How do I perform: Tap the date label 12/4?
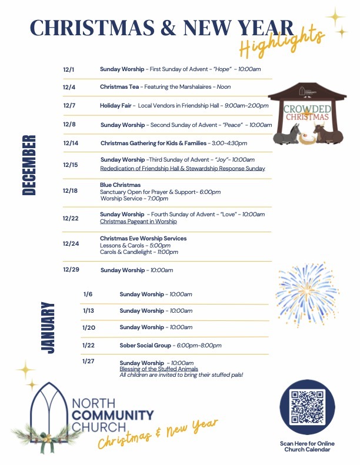69,87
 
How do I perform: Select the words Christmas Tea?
119,87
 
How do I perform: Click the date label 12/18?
70,190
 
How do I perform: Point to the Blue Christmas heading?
120,185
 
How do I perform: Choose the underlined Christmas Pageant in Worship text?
138,222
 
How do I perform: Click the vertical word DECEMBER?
29,165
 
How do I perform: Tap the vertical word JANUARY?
48,327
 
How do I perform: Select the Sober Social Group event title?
145,345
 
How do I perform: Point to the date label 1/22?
88,345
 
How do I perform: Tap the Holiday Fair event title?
118,106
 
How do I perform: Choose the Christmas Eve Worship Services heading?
143,238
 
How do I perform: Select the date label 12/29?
71,269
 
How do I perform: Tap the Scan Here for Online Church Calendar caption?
305,446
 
